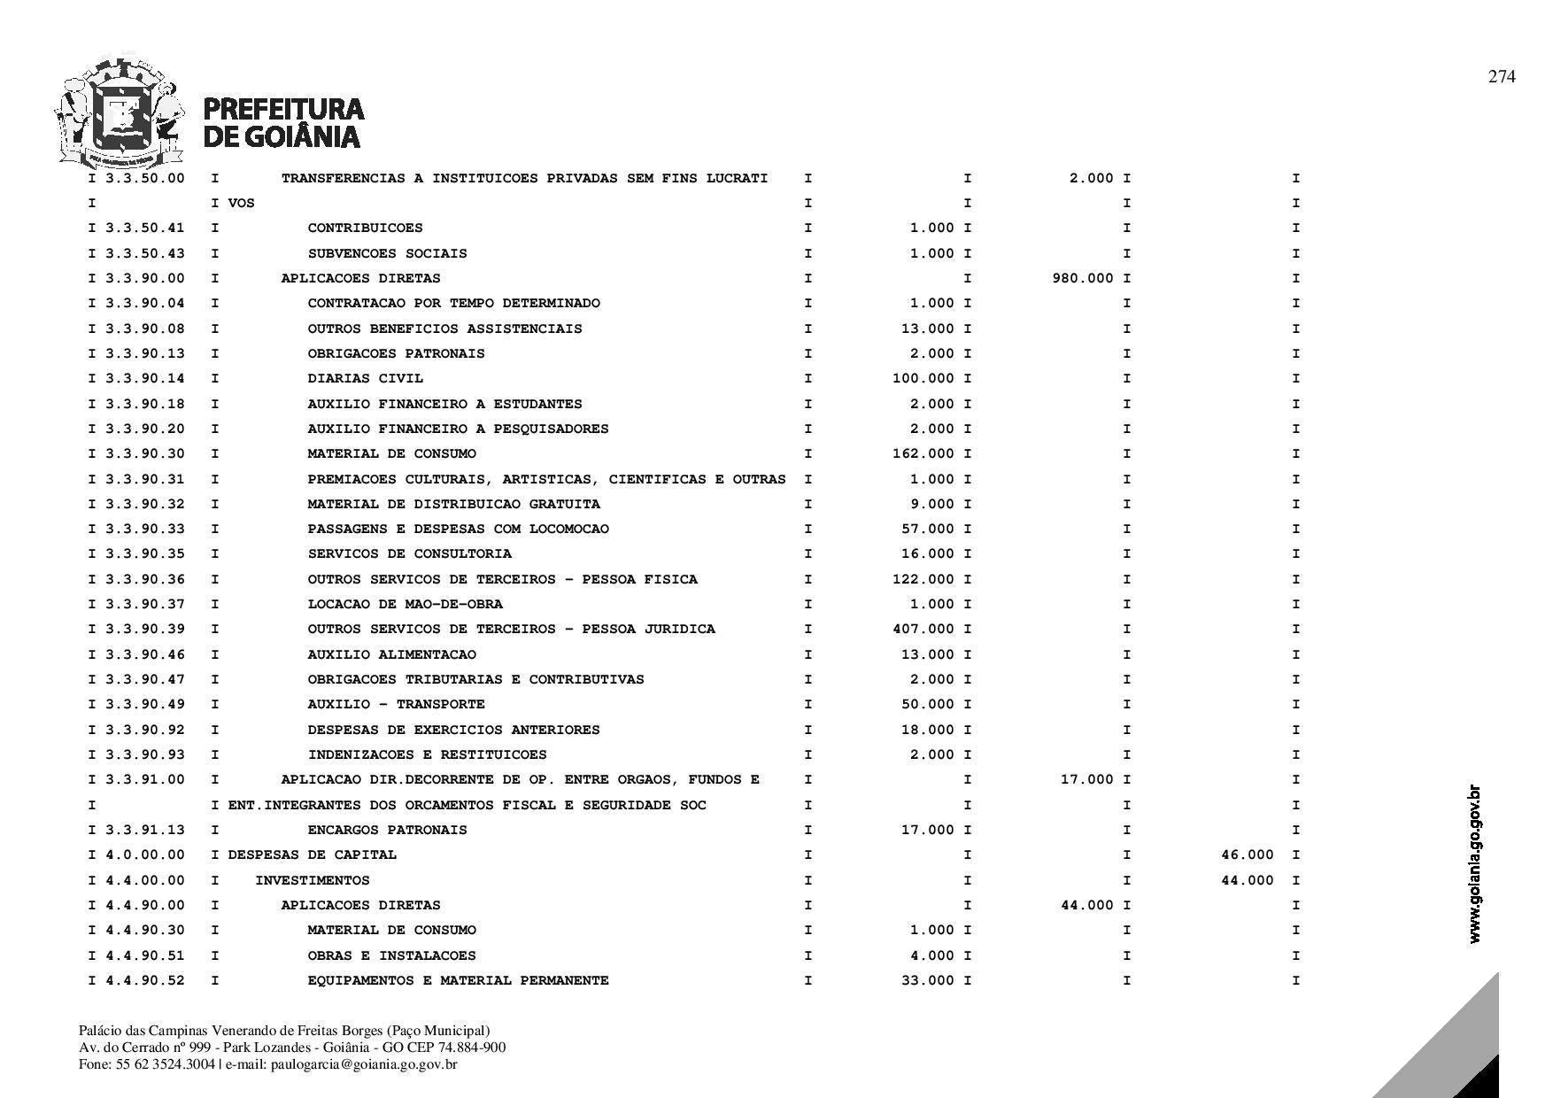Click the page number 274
[x=1501, y=77]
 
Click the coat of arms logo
[x=120, y=113]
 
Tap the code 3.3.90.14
[x=144, y=379]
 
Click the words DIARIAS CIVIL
[x=365, y=379]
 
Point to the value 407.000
[x=923, y=630]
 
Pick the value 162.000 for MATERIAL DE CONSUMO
[x=923, y=454]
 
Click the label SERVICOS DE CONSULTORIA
[x=409, y=554]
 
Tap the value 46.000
[x=1247, y=855]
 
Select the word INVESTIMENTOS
[x=312, y=881]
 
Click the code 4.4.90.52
[x=144, y=981]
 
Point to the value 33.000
[x=927, y=981]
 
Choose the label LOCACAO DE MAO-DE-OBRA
[x=405, y=605]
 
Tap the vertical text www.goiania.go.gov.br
[x=1474, y=863]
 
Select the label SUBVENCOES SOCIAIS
[x=387, y=254]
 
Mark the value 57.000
[x=927, y=530]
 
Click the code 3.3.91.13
[x=144, y=831]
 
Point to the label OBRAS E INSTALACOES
[x=391, y=956]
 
